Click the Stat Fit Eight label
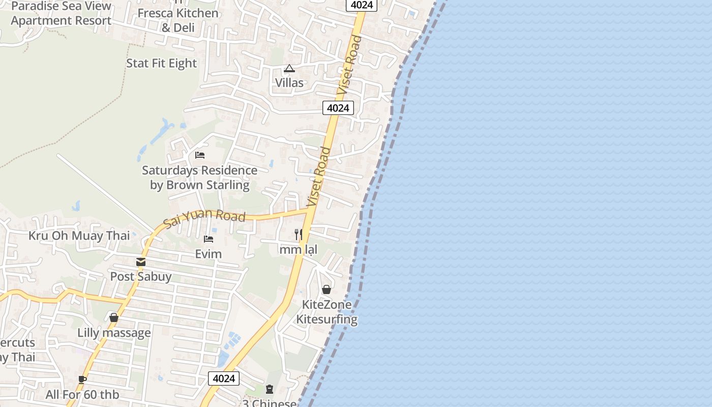point(161,63)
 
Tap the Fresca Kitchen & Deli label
point(178,20)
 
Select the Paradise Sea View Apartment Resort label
point(61,14)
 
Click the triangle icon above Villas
point(289,68)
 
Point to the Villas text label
point(289,82)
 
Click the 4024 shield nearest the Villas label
point(338,108)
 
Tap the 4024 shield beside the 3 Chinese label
point(224,379)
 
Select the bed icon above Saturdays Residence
point(200,155)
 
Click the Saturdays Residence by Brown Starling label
point(199,178)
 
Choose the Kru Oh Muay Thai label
point(79,236)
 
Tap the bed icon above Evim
point(209,239)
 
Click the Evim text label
point(209,253)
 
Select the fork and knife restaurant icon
point(299,234)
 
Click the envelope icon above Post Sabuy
point(141,262)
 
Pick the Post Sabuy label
point(141,277)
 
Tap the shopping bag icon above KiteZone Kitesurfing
point(327,289)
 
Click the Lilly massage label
point(114,333)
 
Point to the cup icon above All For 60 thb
point(82,380)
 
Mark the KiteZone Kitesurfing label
point(327,312)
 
